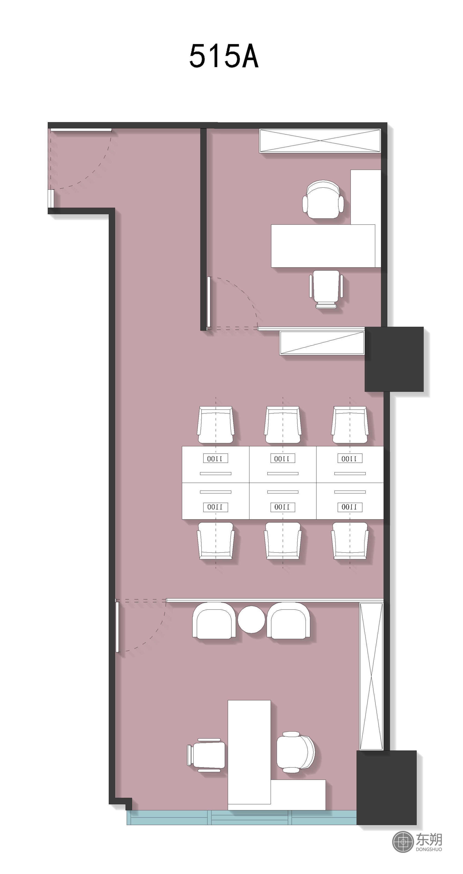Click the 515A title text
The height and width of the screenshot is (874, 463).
click(x=224, y=56)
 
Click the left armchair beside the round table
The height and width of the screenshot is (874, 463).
click(x=214, y=621)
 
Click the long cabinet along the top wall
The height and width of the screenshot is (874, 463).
click(x=320, y=140)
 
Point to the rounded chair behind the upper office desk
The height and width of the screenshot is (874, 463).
click(x=323, y=199)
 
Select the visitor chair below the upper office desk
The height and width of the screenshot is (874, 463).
click(x=326, y=289)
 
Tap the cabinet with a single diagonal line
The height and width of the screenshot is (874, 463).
click(x=322, y=343)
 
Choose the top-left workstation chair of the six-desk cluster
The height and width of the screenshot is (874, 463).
click(x=216, y=425)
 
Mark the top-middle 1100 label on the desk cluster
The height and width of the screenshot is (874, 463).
click(x=283, y=458)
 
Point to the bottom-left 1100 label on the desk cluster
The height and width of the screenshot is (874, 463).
click(x=215, y=507)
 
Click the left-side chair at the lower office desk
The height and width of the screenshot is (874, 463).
click(x=206, y=755)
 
